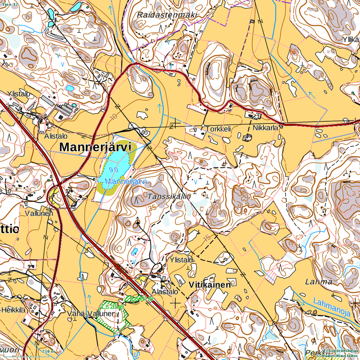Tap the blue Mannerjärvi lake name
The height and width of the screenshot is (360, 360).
click(125, 182)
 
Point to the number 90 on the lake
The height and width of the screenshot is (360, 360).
click(113, 169)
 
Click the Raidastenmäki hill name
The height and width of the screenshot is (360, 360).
click(167, 15)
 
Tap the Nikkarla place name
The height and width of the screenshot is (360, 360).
click(265, 128)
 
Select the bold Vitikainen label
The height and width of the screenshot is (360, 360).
click(209, 285)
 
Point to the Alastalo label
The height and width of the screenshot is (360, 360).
click(165, 292)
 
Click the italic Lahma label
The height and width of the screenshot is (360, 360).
click(318, 282)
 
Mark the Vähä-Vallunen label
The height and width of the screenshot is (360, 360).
click(90, 314)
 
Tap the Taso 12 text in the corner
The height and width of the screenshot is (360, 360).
click(9, 4)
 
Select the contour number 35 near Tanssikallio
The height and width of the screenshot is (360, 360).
click(151, 207)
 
